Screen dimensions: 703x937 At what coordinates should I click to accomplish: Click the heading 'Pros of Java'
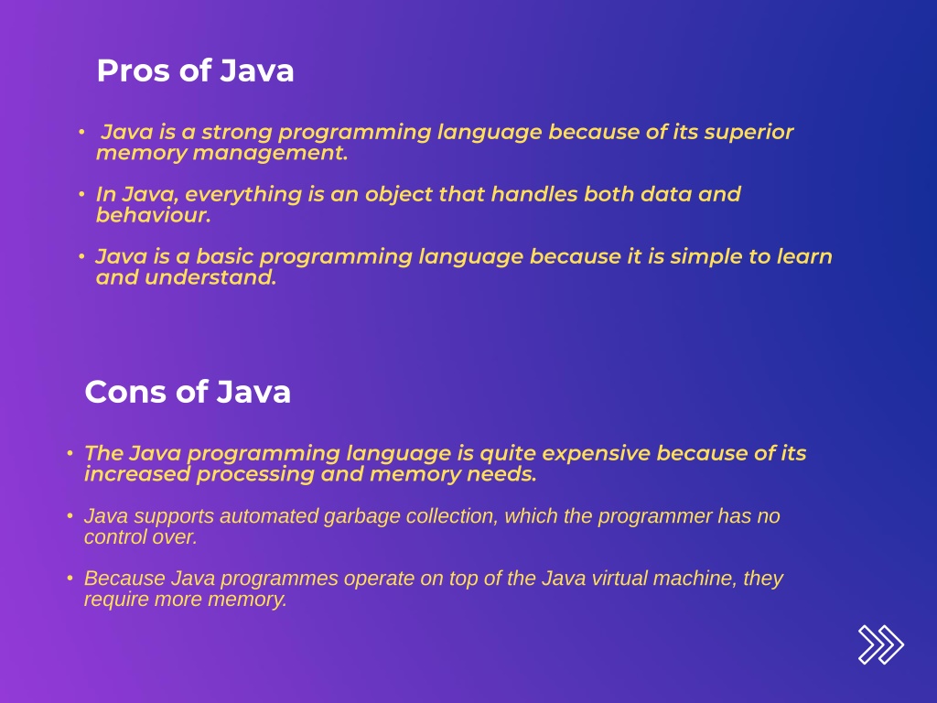(x=195, y=70)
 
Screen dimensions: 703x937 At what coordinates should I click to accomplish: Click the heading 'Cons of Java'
(x=188, y=392)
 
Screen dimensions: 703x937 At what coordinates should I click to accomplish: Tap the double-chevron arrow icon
(x=880, y=644)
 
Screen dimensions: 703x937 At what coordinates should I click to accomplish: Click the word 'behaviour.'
(x=153, y=216)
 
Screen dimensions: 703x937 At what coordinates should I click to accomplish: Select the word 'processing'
(x=257, y=474)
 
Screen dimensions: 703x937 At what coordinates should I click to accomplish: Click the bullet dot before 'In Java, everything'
(x=81, y=194)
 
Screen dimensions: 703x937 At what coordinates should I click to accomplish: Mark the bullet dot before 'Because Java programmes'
(x=70, y=579)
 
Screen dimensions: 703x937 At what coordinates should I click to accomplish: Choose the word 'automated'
(x=273, y=516)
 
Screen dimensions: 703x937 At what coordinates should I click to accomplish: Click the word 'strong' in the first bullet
(x=236, y=132)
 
